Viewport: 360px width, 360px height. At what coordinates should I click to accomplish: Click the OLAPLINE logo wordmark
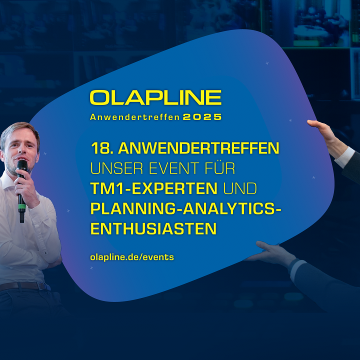coord(155,97)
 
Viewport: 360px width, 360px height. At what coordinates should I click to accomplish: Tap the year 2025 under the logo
coord(202,117)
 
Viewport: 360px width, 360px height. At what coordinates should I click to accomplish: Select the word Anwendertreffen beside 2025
coord(135,117)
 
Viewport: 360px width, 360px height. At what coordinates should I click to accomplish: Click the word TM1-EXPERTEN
coord(154,188)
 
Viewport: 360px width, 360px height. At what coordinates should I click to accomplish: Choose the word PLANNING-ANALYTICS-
coord(185,208)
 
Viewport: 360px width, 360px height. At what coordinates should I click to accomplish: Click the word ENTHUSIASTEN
coord(153,228)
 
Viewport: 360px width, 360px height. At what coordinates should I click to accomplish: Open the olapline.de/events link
coord(132,257)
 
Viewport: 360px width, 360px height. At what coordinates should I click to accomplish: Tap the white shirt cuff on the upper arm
coord(345,157)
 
